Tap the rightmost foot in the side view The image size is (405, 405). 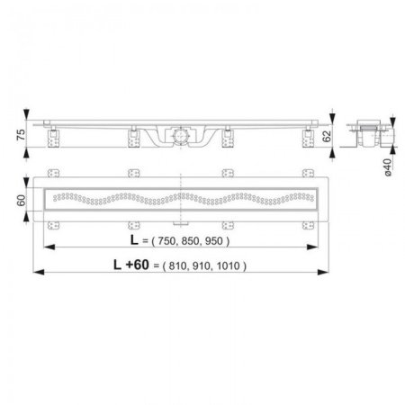click(310, 137)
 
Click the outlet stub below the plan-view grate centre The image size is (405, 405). click(184, 220)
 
